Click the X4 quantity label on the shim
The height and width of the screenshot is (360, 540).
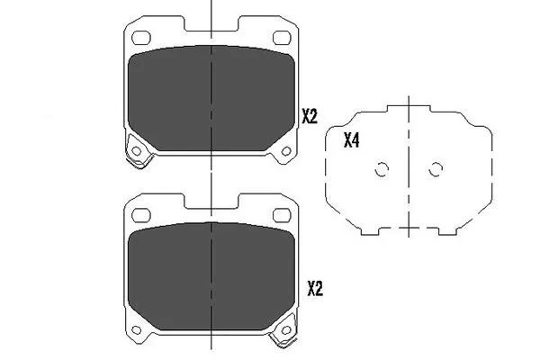[352, 140]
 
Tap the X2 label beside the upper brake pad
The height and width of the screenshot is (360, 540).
[309, 115]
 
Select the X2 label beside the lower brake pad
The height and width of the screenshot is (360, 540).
[314, 289]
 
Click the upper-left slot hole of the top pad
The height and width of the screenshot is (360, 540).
[140, 38]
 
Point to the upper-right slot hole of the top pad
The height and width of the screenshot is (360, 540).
[279, 38]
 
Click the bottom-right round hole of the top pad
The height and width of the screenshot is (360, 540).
[285, 150]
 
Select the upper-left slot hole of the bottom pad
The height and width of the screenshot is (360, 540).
[140, 213]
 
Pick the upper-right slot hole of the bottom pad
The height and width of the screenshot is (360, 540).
[279, 213]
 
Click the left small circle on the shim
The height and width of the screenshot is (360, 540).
[381, 168]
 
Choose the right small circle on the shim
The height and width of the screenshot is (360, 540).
[436, 168]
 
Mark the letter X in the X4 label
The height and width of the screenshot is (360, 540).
[347, 140]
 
